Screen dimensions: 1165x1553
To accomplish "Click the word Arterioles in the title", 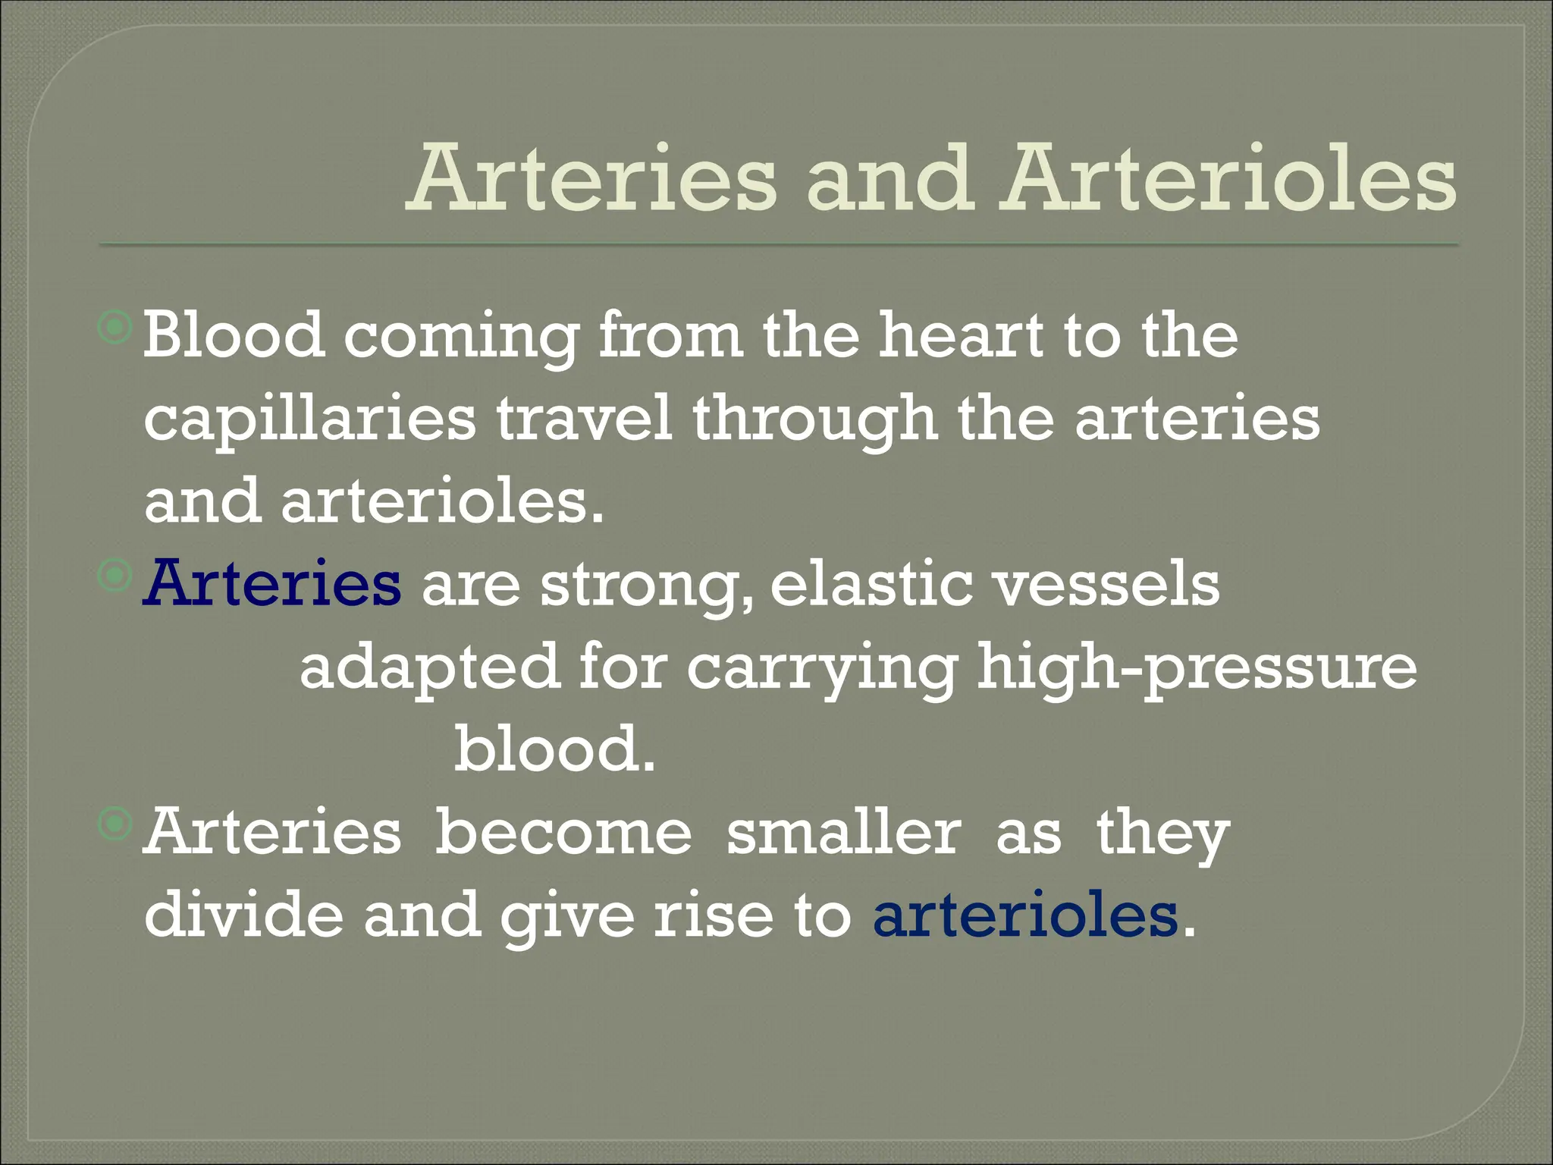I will [x=1228, y=181].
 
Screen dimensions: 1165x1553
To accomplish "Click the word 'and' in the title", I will [x=889, y=181].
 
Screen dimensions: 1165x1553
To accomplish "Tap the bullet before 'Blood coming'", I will [x=115, y=328].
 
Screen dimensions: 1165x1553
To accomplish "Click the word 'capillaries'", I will [x=310, y=419].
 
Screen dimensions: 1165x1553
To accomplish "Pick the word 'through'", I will [x=814, y=419].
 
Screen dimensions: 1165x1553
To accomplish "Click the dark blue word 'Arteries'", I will [x=272, y=584].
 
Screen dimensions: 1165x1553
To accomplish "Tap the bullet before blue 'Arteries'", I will [x=115, y=576].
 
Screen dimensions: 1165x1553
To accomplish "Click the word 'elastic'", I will [x=871, y=584].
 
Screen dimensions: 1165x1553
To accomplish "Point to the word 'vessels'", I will [x=1106, y=584].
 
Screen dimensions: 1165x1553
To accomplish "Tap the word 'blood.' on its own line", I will [x=554, y=749].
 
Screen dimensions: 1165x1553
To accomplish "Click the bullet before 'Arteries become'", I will [x=115, y=824].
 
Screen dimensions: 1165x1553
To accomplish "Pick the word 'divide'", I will [x=243, y=914].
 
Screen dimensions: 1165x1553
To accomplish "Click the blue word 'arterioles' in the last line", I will [x=1026, y=914].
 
